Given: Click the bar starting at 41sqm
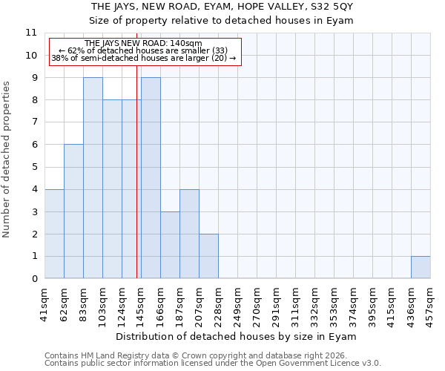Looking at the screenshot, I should click(54, 234).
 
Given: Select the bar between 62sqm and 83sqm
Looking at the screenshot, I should click(73, 211).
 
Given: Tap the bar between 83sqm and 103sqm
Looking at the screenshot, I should click(93, 178).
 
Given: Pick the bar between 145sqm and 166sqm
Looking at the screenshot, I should click(151, 178).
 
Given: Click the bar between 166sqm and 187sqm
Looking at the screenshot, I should click(170, 245).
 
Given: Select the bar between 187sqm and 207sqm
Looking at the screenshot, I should click(189, 234).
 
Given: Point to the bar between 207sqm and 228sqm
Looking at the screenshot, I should click(208, 256).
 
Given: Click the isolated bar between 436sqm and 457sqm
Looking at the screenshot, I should click(421, 267).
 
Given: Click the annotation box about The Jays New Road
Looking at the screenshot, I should click(145, 51).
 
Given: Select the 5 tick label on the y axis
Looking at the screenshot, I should click(33, 167).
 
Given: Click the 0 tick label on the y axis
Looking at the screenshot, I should click(33, 279).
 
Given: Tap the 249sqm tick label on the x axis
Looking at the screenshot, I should click(237, 305).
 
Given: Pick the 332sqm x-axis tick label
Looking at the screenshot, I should click(314, 305).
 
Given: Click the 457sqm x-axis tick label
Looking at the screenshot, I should click(430, 305).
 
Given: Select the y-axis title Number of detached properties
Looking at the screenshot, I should click(7, 160).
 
